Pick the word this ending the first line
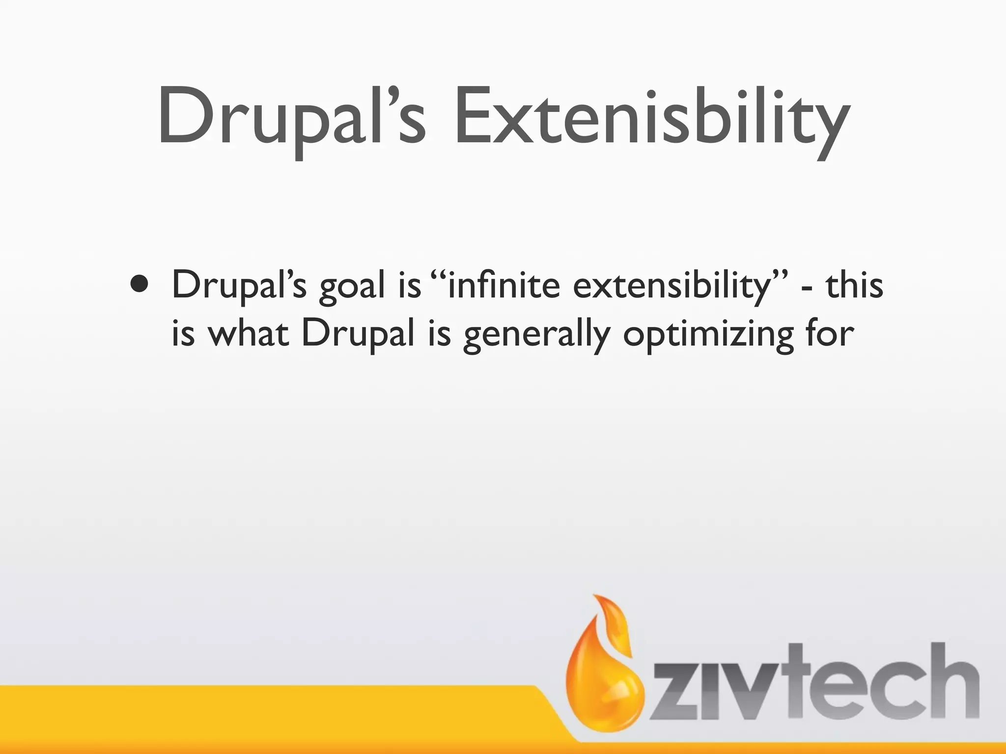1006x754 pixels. (x=854, y=285)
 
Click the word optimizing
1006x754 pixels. (x=708, y=336)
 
